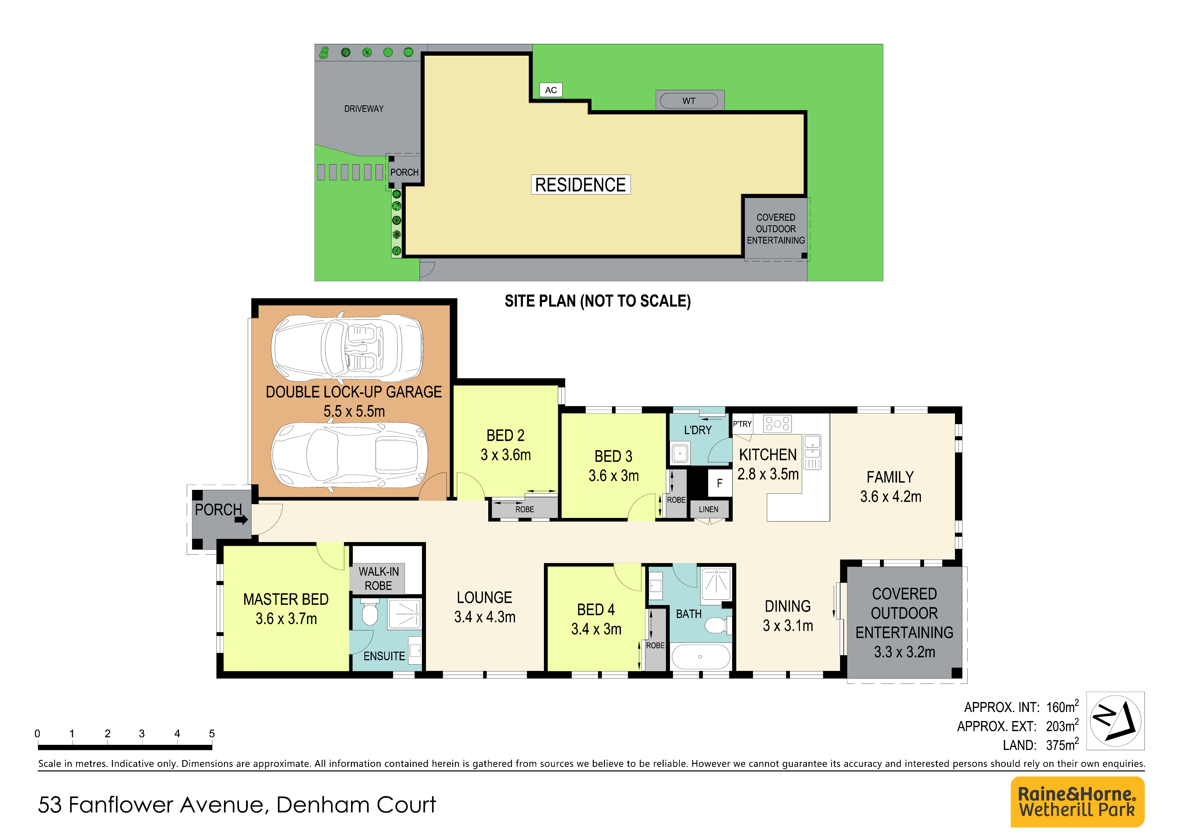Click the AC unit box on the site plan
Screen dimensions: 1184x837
pos(551,90)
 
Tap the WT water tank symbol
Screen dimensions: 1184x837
pos(689,101)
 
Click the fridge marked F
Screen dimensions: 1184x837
pos(719,483)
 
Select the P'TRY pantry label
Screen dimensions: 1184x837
pos(742,424)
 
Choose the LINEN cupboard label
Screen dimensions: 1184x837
pos(708,510)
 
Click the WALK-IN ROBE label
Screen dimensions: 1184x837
pos(378,579)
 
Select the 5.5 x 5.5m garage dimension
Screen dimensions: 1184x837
pos(354,412)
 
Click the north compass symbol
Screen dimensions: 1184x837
pos(1115,721)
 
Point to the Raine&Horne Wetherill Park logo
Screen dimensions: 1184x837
pos(1077,802)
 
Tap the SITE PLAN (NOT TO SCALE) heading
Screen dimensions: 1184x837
pos(598,301)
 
